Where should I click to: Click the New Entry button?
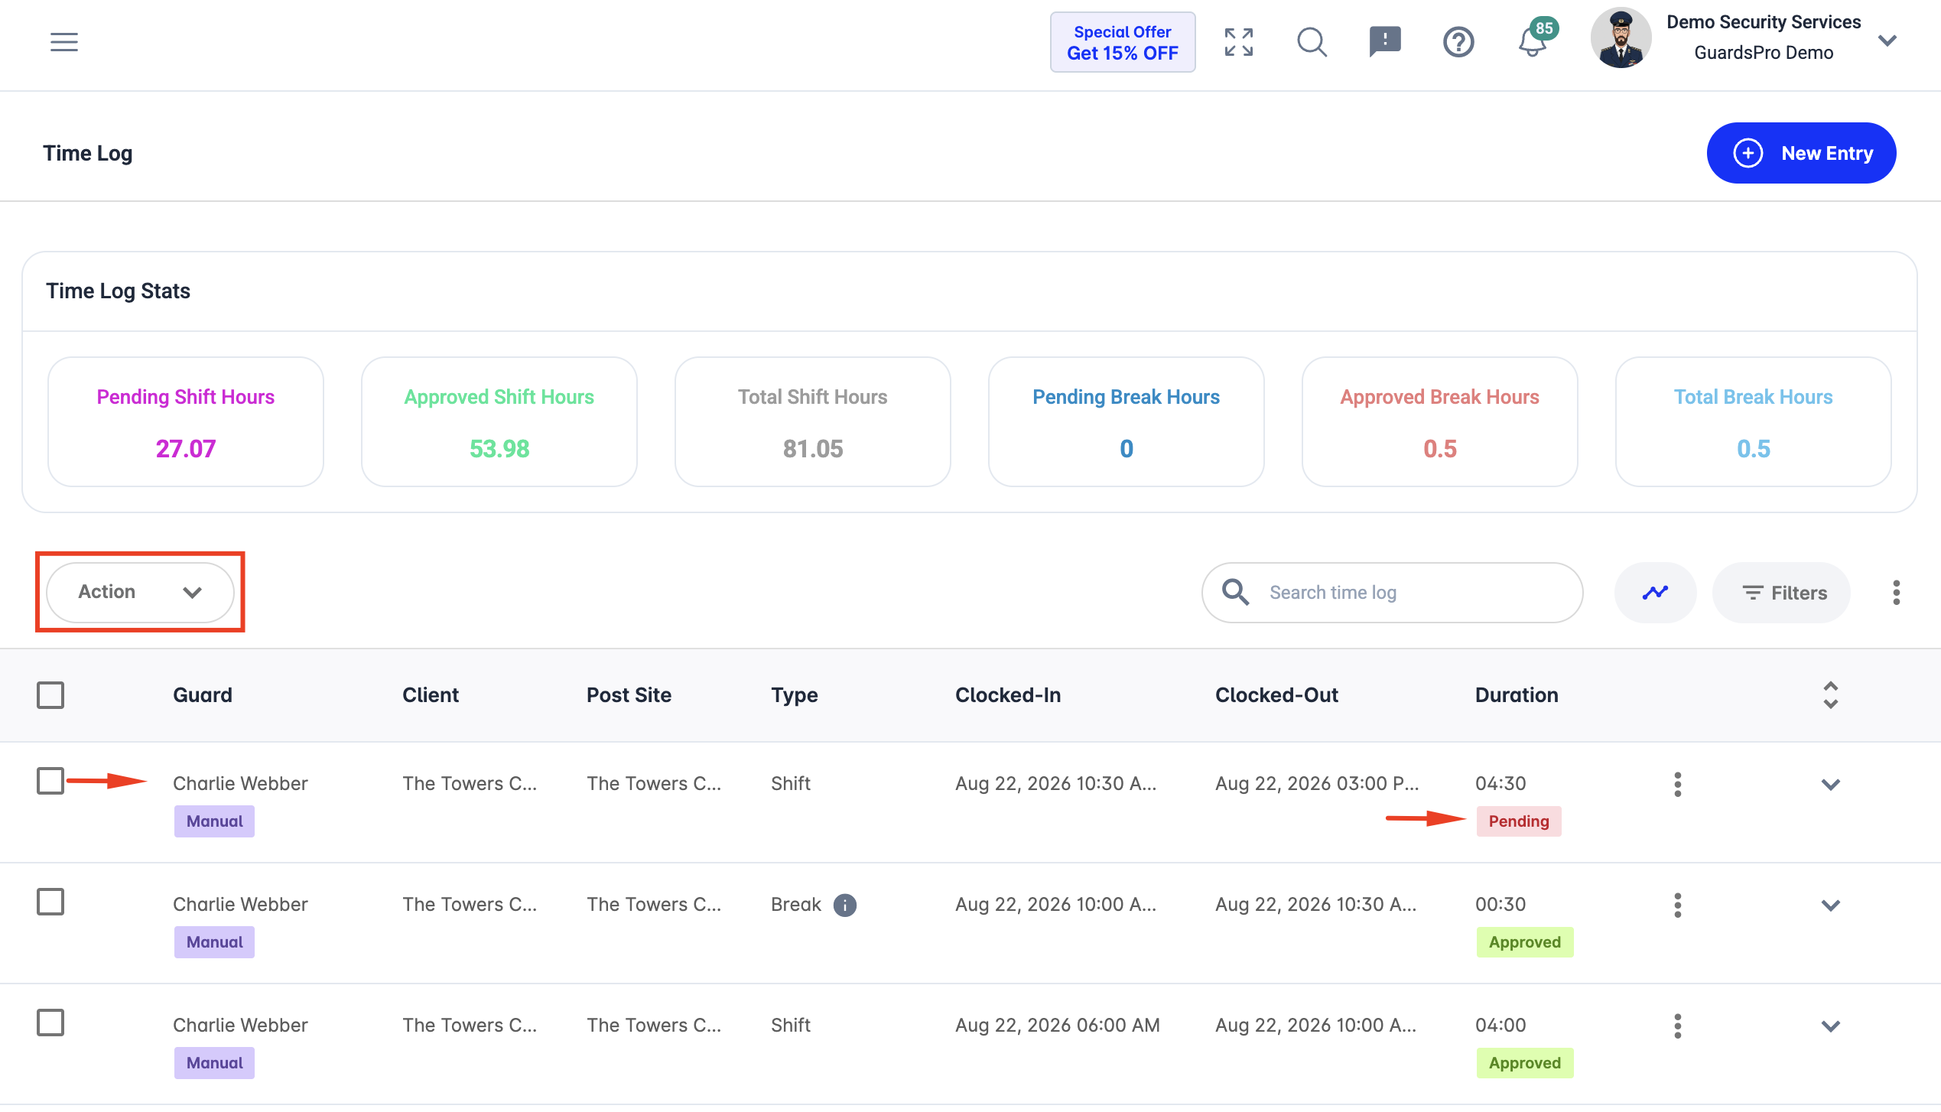[1801, 153]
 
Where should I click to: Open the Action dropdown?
[140, 592]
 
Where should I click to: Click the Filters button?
[1781, 593]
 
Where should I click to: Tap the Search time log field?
[1392, 593]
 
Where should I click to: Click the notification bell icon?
[1533, 41]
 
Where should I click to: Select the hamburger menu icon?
[64, 41]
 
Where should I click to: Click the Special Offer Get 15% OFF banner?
[1123, 42]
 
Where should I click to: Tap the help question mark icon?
[1458, 42]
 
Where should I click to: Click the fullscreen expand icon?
[1239, 42]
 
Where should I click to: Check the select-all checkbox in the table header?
[50, 694]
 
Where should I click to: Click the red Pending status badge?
[1519, 821]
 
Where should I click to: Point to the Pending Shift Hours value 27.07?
[186, 448]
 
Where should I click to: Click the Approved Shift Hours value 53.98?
[499, 448]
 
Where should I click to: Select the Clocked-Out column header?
[1276, 694]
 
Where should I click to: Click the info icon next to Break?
[844, 905]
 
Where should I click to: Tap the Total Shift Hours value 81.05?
[813, 448]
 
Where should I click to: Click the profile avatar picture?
[1621, 38]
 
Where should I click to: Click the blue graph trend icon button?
[1655, 593]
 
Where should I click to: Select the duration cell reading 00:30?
[1500, 904]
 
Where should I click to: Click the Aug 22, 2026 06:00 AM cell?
[1057, 1025]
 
